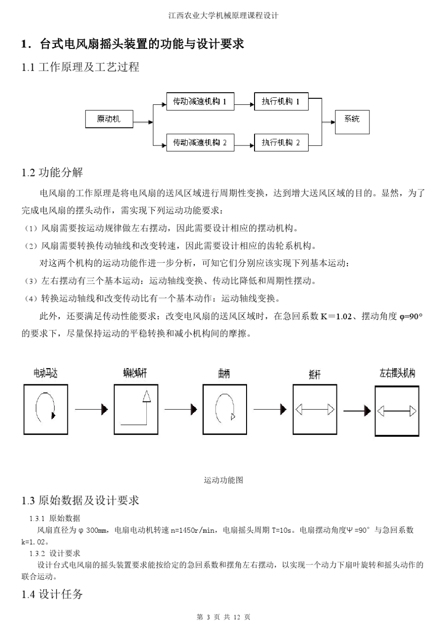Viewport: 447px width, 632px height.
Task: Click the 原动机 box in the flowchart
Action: [109, 119]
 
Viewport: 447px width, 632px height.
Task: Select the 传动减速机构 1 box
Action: [200, 102]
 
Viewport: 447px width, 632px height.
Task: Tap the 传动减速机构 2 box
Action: [200, 142]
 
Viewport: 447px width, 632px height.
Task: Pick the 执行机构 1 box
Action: [281, 102]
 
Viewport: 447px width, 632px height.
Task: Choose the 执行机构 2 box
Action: [281, 142]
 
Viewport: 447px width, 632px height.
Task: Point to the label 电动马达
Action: [46, 373]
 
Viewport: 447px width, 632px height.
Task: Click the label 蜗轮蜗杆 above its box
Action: [135, 373]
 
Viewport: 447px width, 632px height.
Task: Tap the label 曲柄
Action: [224, 374]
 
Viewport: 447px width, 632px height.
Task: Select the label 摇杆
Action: [314, 375]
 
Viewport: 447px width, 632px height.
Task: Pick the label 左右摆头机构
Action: [397, 373]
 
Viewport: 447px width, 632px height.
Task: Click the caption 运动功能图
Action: [223, 480]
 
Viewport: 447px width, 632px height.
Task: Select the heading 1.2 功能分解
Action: [52, 173]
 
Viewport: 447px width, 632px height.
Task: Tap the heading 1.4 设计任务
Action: [52, 594]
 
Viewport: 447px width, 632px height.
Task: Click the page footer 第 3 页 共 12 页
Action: [223, 617]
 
